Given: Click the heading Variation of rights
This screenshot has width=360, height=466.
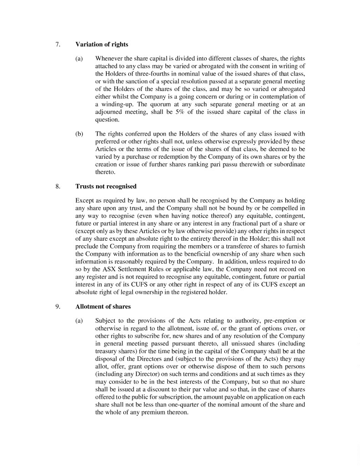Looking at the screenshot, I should coord(101,44).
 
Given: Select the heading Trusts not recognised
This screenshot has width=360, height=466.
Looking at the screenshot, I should coord(106,186).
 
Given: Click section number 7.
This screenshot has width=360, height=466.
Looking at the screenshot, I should coord(57,44).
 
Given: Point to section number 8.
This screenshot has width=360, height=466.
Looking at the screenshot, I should coord(57,186).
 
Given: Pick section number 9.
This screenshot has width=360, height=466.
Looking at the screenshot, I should coord(57,307).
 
